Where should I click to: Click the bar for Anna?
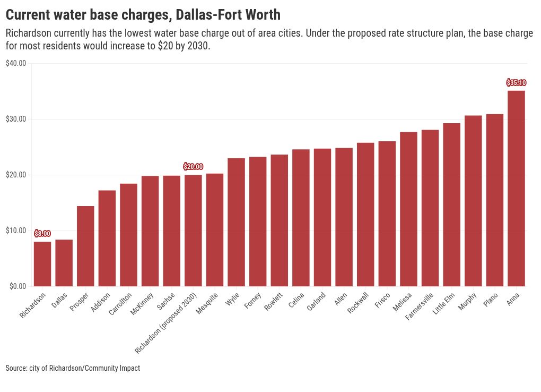click(x=516, y=189)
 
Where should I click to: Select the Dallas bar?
click(x=64, y=263)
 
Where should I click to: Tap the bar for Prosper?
click(x=85, y=246)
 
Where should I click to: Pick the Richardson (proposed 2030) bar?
click(x=193, y=231)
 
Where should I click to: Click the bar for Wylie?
click(x=237, y=222)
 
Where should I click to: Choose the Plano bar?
click(x=495, y=200)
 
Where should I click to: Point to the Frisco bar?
click(x=387, y=214)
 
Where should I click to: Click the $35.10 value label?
click(x=516, y=83)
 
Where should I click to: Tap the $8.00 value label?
click(x=42, y=234)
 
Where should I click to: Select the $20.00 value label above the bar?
click(x=193, y=167)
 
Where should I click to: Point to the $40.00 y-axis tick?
click(x=16, y=63)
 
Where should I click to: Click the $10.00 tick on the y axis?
click(x=16, y=231)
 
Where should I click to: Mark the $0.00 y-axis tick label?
click(x=18, y=286)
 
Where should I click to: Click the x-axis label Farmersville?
click(x=419, y=306)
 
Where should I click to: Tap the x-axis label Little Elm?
click(x=444, y=303)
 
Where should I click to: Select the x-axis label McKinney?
click(x=142, y=304)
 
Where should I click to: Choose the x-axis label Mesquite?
click(x=207, y=303)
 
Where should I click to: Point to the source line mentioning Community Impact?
click(x=73, y=368)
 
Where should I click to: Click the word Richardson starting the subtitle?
click(x=29, y=33)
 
